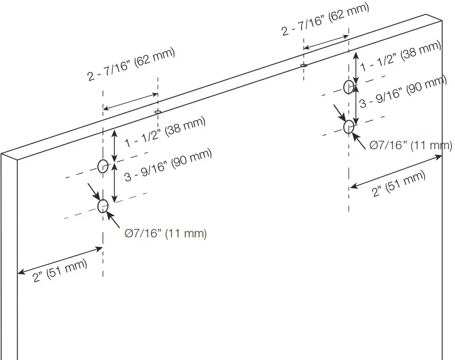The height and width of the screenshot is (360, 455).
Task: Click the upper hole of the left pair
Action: coord(103,166)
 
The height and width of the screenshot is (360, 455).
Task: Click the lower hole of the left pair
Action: coord(103,206)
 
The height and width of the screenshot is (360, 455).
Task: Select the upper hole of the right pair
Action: coord(349,87)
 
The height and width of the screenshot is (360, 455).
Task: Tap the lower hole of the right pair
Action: coord(349,127)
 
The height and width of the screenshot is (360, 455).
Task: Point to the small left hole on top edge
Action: coord(158,112)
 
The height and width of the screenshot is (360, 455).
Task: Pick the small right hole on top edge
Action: coord(304,65)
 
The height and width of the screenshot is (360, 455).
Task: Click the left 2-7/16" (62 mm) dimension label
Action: coord(131,65)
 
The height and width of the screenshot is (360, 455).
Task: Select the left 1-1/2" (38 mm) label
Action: coord(165,132)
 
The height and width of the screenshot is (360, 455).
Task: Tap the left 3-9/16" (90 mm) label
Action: coord(168,165)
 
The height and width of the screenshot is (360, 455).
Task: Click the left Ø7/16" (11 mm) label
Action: coord(166,233)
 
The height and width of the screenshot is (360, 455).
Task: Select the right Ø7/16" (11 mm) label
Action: coord(411,145)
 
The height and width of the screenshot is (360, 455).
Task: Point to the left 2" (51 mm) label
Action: coord(60,270)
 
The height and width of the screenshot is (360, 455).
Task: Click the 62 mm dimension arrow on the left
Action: coord(130,101)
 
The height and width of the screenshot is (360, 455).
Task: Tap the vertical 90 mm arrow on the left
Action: coord(114,183)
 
